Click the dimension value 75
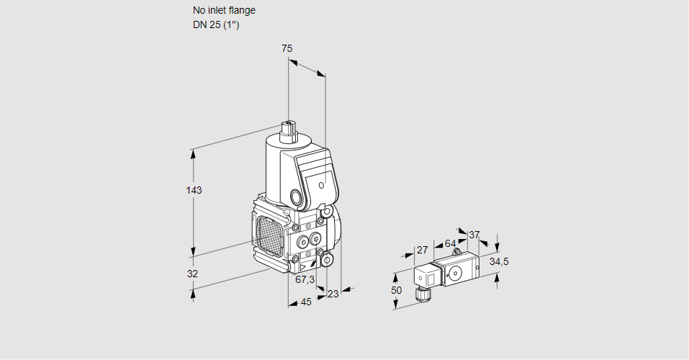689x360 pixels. coord(287,48)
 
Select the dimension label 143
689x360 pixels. coord(194,190)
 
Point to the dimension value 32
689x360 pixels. coord(192,274)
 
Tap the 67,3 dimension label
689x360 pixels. coord(305,279)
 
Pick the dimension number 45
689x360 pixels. coord(306,302)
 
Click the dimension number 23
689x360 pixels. coord(333,293)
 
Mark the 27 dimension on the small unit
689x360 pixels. coord(423,250)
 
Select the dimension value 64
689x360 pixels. coord(450,243)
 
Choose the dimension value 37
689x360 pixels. coord(474,235)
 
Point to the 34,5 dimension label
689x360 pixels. coord(499,261)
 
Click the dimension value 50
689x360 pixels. coord(397,289)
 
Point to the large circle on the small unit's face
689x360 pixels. coord(455,273)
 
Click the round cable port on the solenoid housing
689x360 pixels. coord(296,197)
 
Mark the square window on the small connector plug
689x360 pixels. coord(423,276)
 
